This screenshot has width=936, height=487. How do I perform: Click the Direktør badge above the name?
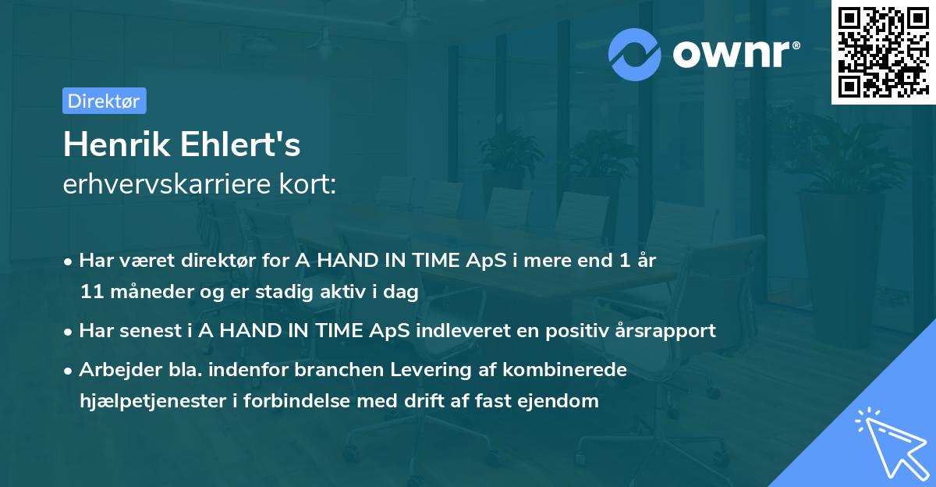[x=104, y=101]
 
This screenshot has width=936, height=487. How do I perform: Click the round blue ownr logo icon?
[x=635, y=55]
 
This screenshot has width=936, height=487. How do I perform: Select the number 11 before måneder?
[x=90, y=293]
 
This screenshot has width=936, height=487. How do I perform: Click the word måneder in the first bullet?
[x=141, y=293]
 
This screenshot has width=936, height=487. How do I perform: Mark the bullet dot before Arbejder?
[x=69, y=370]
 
